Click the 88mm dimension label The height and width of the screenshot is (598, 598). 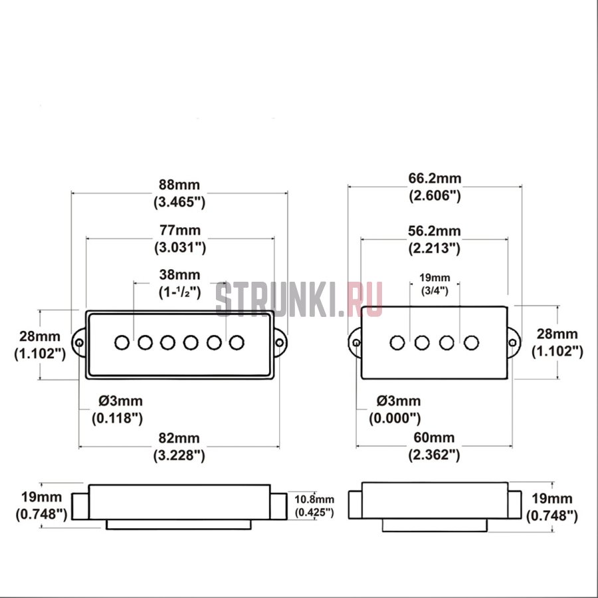179,185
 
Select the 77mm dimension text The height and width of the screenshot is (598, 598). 179,231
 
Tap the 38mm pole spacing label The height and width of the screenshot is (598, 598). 179,274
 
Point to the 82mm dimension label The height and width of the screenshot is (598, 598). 179,438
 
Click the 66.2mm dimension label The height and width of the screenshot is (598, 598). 435,178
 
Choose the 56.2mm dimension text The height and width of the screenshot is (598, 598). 435,231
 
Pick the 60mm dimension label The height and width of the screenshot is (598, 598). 434,437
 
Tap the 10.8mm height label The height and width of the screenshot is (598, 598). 314,499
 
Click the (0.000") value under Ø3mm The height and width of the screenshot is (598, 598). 395,419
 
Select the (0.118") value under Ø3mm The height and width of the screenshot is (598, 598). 117,419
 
